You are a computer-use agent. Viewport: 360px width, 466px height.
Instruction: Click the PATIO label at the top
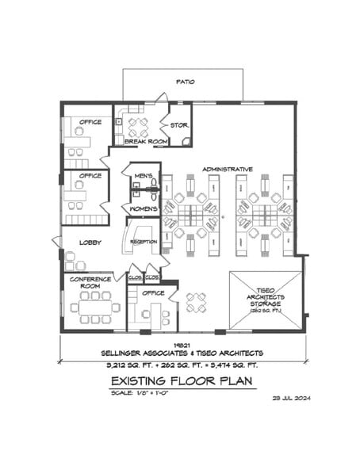(184, 82)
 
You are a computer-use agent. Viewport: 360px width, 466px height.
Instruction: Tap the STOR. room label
(178, 124)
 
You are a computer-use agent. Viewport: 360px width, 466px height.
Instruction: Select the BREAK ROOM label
(145, 142)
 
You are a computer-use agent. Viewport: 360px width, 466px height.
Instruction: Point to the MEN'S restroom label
(144, 175)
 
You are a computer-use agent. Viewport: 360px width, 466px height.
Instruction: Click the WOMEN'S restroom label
(144, 208)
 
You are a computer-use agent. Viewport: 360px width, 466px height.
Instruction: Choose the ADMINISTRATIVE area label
(227, 170)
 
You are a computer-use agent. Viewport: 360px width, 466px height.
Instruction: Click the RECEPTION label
(143, 242)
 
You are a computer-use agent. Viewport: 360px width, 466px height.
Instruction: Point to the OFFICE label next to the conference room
(154, 292)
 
